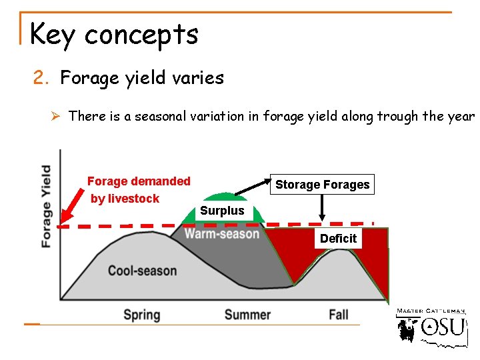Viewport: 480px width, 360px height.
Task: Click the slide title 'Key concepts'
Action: pyautogui.click(x=114, y=34)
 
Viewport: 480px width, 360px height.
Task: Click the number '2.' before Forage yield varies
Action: pyautogui.click(x=43, y=79)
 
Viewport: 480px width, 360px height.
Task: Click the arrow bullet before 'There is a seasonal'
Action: pyautogui.click(x=57, y=116)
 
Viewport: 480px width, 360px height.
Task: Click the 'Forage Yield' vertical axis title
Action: pyautogui.click(x=46, y=206)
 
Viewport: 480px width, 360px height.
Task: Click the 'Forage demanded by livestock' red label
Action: pyautogui.click(x=138, y=189)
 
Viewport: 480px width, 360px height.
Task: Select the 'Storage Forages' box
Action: pyautogui.click(x=322, y=185)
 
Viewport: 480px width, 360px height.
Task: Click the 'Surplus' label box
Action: pyautogui.click(x=222, y=211)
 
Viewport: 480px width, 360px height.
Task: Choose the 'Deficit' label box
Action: pyautogui.click(x=338, y=239)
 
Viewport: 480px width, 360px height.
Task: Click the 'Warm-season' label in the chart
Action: pyautogui.click(x=221, y=233)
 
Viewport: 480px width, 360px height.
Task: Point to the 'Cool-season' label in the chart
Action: pyautogui.click(x=142, y=271)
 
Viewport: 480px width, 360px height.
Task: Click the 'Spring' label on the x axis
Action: pyautogui.click(x=141, y=315)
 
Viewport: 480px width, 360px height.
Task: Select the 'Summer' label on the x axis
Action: pyautogui.click(x=247, y=315)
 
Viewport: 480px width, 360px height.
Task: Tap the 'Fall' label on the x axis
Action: pyautogui.click(x=339, y=315)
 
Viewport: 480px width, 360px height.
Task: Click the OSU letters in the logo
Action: pyautogui.click(x=443, y=327)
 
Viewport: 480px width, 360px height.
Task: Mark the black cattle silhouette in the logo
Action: pyautogui.click(x=407, y=329)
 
